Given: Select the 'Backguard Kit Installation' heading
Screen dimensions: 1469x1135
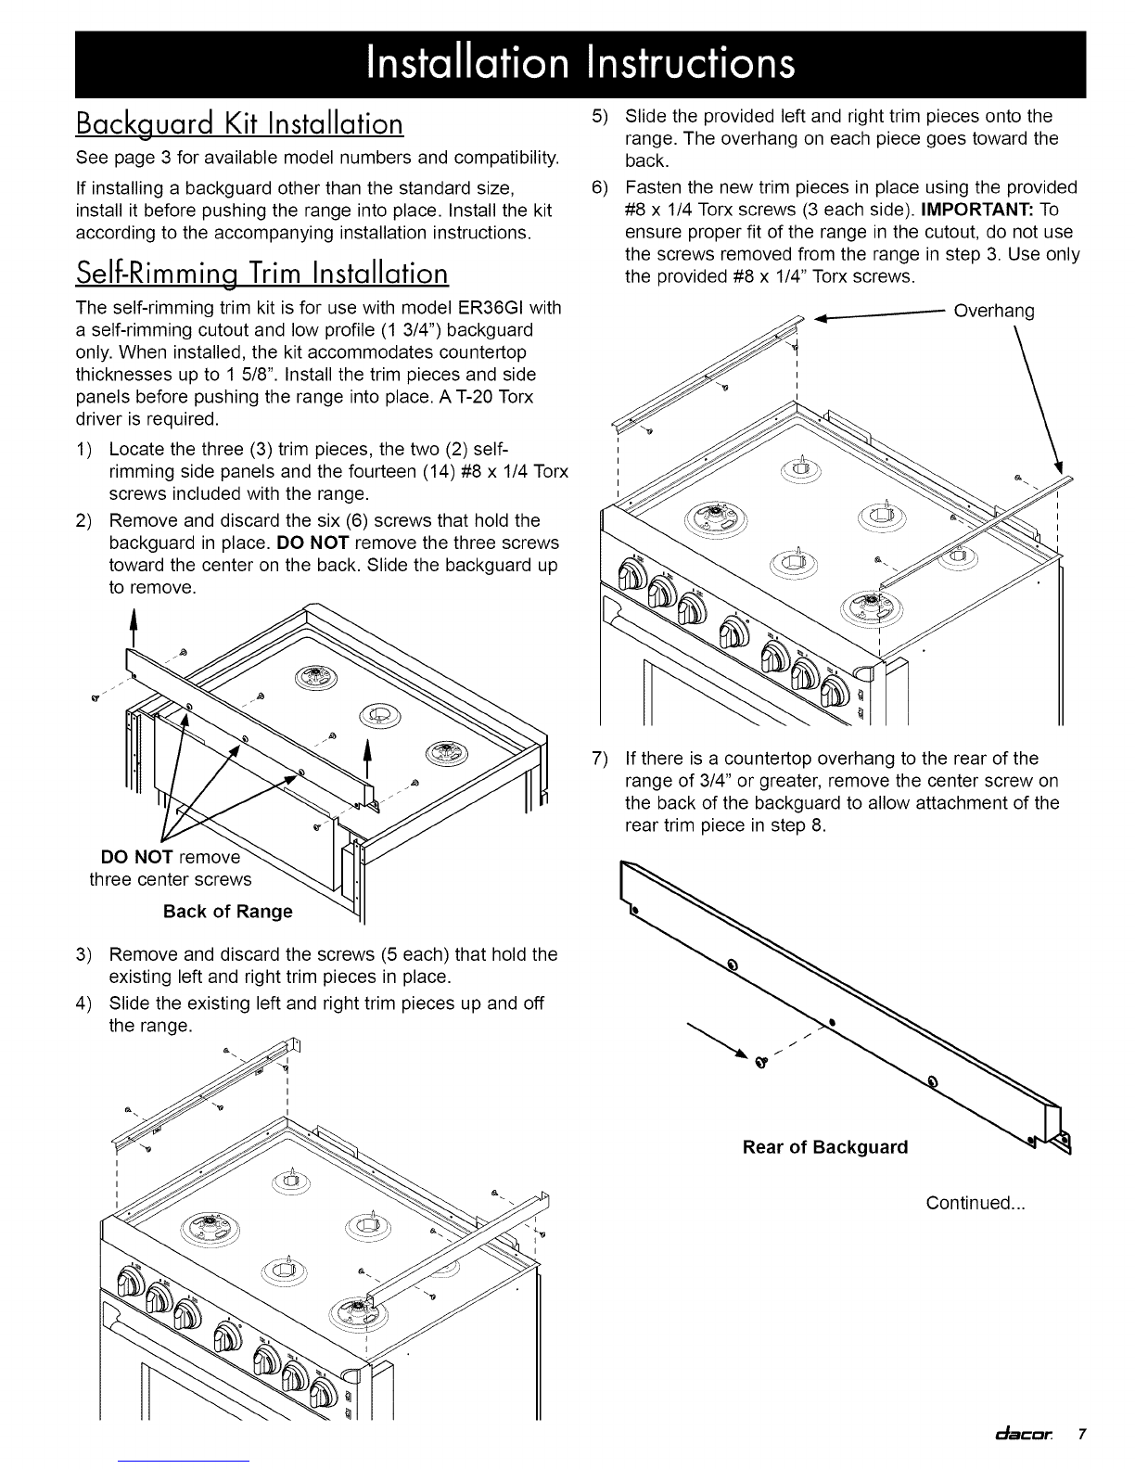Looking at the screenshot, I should (240, 123).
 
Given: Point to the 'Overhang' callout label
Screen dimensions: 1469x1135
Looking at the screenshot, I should (993, 311).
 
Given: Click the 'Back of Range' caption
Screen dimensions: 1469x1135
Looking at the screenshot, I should (227, 912).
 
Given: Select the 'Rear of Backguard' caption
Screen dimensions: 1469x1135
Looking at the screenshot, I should (825, 1147).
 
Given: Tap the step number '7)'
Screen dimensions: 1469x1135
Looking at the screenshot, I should (599, 759).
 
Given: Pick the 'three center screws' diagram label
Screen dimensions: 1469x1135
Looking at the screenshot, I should (170, 879).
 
